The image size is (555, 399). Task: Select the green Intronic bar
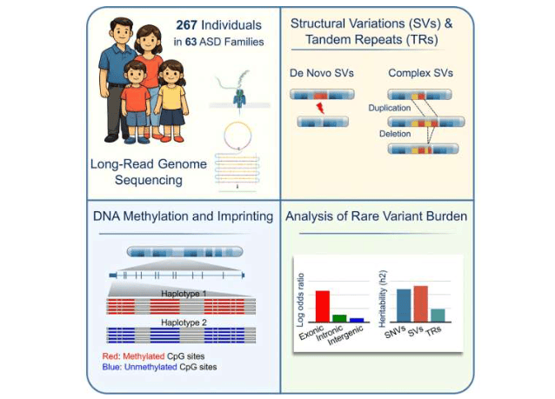point(339,318)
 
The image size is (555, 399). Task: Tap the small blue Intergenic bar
point(357,321)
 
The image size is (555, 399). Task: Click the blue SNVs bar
point(404,305)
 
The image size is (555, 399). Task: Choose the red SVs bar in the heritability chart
point(421,303)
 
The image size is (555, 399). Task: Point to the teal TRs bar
point(438,315)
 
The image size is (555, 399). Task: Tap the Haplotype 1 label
point(183,294)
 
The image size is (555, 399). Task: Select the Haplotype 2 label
point(183,323)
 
